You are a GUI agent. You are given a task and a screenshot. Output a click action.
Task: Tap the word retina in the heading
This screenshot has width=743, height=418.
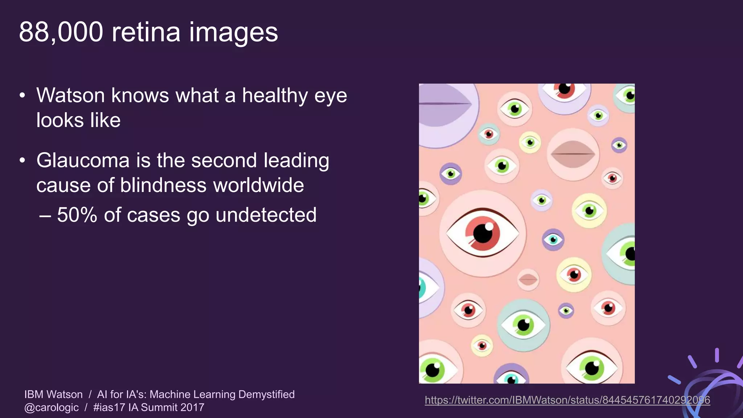146,33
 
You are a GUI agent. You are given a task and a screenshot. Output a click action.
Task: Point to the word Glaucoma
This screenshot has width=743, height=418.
83,160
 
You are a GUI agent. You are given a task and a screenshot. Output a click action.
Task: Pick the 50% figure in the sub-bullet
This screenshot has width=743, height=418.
77,215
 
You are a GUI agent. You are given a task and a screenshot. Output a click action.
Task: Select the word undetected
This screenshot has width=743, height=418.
266,215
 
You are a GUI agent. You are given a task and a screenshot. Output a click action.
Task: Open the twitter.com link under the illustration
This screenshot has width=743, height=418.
567,400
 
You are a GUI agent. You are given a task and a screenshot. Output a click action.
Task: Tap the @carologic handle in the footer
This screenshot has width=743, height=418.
52,407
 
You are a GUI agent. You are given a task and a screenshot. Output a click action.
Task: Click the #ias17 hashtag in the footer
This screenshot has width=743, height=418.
109,407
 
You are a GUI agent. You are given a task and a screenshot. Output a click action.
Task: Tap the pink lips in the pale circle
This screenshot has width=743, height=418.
573,154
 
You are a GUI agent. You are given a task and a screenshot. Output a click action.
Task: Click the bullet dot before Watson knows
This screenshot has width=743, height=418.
22,96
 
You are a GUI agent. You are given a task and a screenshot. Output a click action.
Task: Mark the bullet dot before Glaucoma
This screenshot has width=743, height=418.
22,160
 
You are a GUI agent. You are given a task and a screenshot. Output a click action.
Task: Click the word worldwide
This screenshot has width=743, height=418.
258,185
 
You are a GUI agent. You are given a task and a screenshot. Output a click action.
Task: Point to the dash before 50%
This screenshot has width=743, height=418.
45,216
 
